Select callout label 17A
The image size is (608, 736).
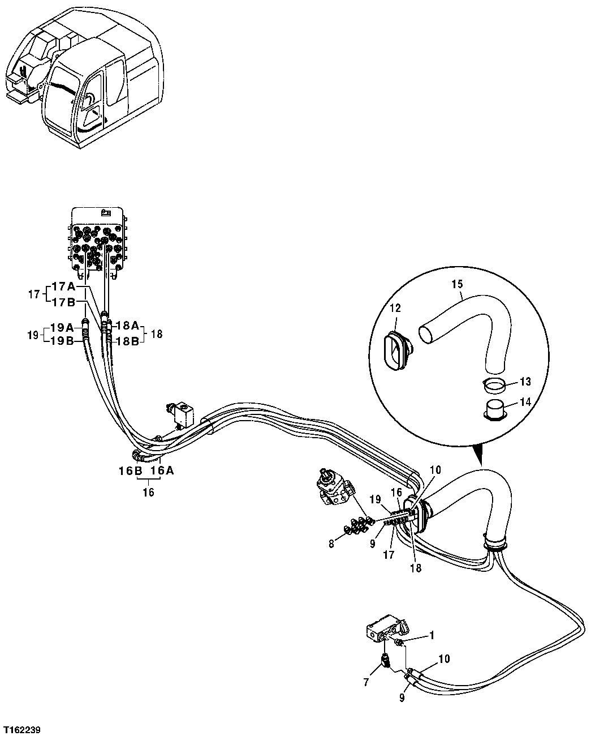click(63, 286)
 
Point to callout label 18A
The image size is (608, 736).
click(127, 326)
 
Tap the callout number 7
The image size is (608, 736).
click(366, 682)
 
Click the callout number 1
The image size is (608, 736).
click(432, 635)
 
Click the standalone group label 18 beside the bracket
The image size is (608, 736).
click(157, 334)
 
